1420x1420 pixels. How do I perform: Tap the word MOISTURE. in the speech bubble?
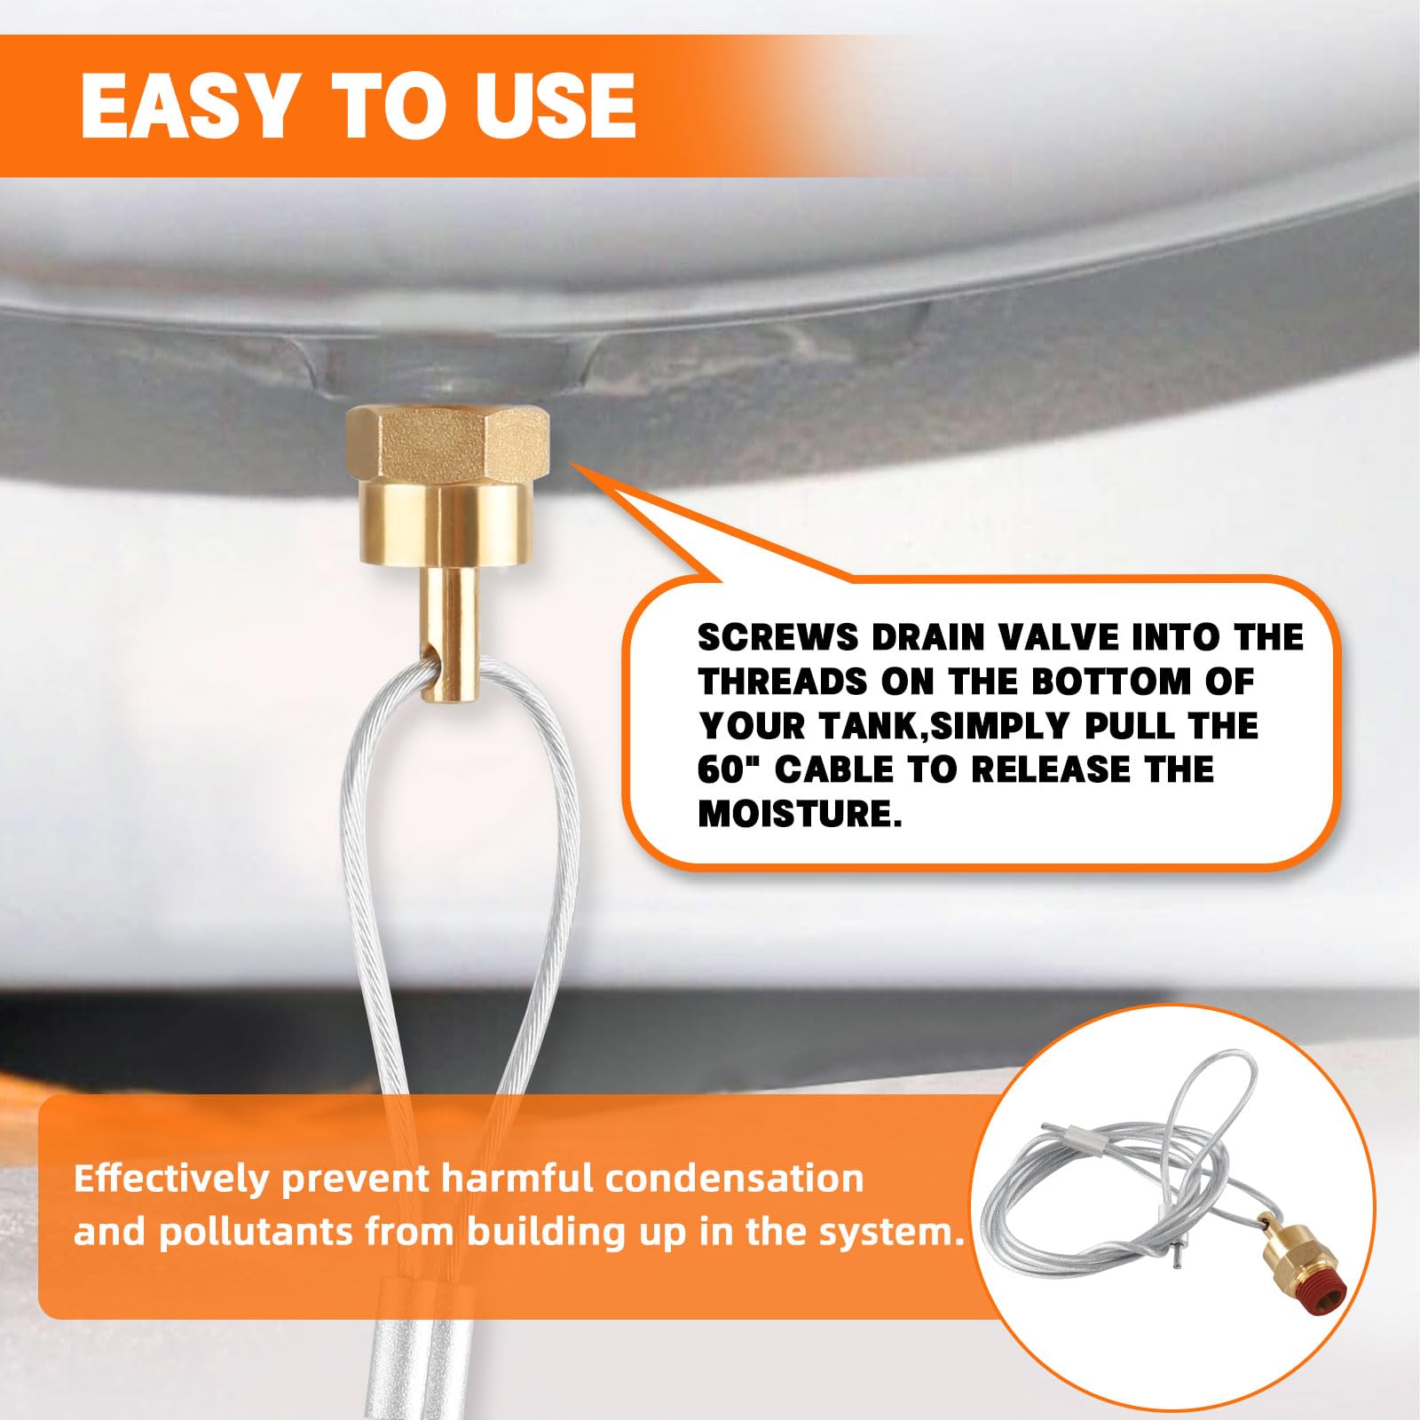click(800, 813)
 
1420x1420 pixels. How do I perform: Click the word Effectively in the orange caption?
click(170, 1179)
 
